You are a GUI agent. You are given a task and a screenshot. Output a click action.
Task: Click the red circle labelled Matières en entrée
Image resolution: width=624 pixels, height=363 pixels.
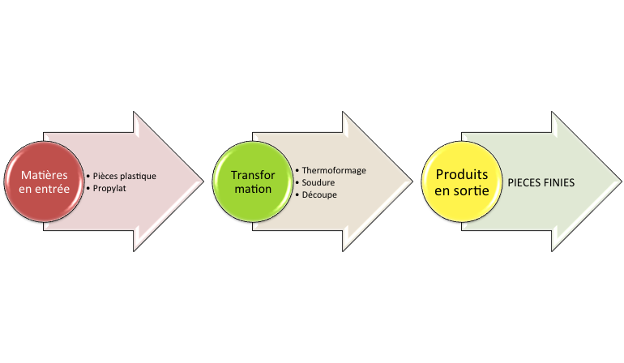point(45,182)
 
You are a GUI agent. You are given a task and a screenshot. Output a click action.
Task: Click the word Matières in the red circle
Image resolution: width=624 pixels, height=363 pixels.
point(45,175)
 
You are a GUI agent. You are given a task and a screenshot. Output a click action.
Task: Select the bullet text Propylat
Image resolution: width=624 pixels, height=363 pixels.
point(110,188)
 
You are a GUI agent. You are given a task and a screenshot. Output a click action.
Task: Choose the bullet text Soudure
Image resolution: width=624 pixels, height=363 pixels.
point(318,183)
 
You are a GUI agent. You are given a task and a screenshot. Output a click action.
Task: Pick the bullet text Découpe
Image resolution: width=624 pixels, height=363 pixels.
point(319,195)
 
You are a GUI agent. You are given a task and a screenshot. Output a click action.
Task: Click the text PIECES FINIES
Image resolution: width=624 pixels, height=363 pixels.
point(541,183)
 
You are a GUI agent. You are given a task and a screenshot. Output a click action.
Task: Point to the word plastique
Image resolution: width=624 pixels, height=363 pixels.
point(138,176)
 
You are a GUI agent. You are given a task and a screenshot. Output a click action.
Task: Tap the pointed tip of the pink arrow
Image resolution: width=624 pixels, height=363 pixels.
point(203,181)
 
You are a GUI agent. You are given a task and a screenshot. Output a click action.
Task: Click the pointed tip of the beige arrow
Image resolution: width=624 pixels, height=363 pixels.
point(412,181)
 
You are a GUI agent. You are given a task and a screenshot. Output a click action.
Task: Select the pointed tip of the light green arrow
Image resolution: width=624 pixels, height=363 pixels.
point(621,181)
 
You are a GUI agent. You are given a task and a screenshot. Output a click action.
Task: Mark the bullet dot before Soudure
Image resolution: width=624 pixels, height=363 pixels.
point(297,183)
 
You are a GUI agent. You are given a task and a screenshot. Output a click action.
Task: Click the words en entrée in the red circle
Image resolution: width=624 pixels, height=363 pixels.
point(45,190)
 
